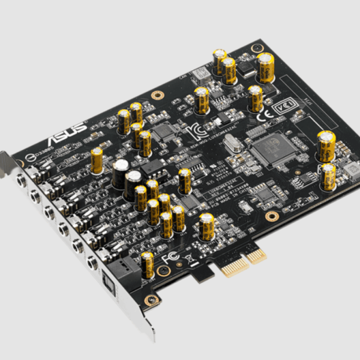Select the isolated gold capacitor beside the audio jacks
click(97, 161)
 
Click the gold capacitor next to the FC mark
click(147, 265)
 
